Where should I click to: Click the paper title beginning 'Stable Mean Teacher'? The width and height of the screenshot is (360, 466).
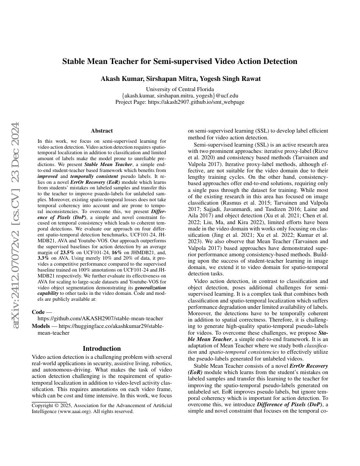[x=180, y=61]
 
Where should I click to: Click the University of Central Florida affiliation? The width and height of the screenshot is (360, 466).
[x=180, y=89]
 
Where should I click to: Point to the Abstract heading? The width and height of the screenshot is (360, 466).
[x=102, y=131]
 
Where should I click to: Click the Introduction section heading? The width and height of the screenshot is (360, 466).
[x=102, y=349]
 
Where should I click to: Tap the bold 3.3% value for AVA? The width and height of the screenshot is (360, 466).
[x=43, y=269]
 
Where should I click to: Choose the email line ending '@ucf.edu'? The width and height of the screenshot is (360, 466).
[x=180, y=96]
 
